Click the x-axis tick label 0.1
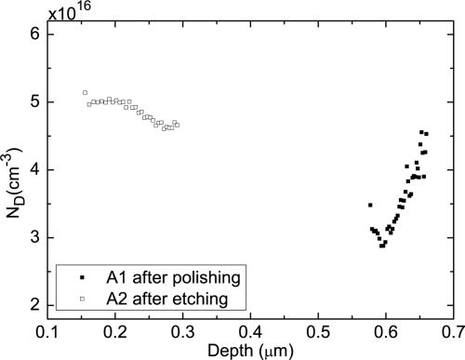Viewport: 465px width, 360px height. click(x=48, y=329)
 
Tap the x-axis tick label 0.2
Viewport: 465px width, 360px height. click(x=115, y=329)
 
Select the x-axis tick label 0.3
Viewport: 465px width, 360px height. click(x=183, y=329)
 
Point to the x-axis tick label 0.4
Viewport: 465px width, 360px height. click(x=251, y=329)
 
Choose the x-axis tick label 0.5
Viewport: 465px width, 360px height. click(x=319, y=329)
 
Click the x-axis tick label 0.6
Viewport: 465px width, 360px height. click(x=386, y=329)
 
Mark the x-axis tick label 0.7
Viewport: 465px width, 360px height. click(x=453, y=329)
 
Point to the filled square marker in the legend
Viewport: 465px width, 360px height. click(x=82, y=278)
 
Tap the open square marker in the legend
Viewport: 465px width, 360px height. click(x=82, y=298)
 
